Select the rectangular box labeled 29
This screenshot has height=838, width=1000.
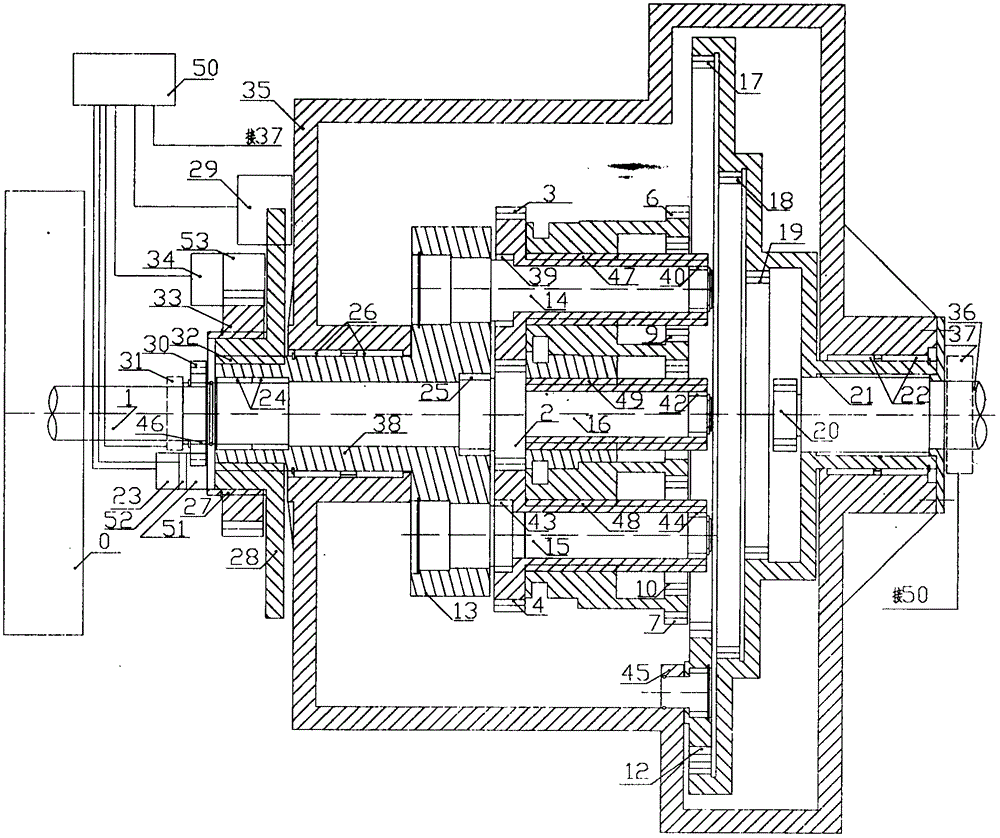coord(264,208)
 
